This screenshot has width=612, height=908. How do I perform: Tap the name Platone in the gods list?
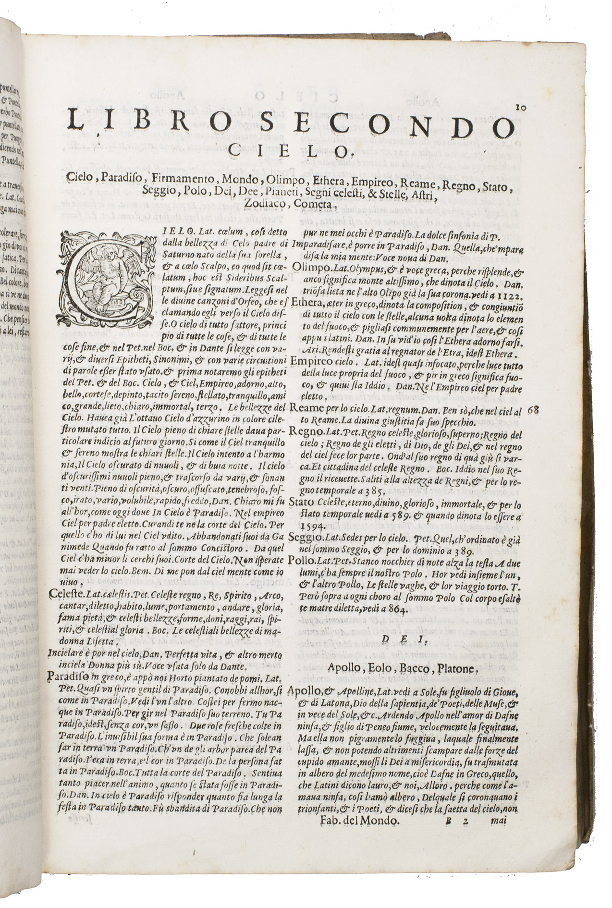click(452, 668)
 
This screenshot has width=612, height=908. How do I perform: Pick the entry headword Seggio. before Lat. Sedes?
click(306, 536)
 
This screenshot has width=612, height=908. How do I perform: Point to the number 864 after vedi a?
click(398, 611)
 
